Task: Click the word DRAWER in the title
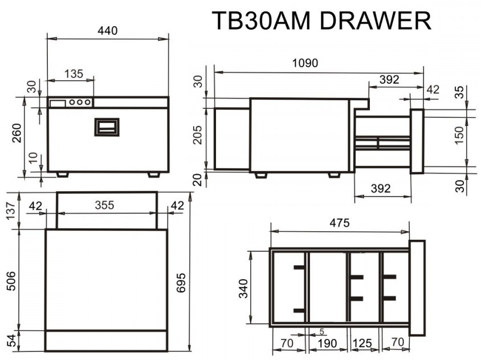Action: coord(375,21)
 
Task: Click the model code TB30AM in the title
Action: coord(261,21)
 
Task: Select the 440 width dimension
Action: coord(107,31)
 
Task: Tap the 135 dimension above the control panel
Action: coord(74,73)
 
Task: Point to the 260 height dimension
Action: coord(17,133)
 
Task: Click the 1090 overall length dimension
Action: coord(305,63)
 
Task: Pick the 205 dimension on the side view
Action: coord(198,134)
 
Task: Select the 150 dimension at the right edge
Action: coord(459,135)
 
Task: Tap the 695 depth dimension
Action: coord(181,283)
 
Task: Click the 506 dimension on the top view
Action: coord(11,281)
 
